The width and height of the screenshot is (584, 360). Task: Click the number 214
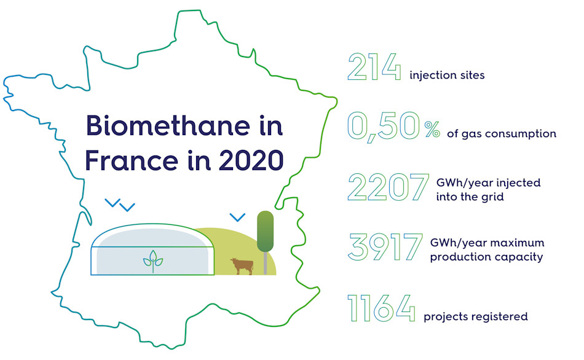coord(374,67)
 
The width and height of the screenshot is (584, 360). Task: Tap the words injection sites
coord(447,76)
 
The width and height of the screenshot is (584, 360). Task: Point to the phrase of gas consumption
coord(502,133)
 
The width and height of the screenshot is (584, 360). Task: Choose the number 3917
coord(385,247)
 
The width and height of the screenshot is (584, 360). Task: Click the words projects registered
coord(476,317)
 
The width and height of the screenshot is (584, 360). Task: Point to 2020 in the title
coord(249,160)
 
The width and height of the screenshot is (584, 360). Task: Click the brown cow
coord(242,265)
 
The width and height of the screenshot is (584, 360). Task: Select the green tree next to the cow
coord(265,230)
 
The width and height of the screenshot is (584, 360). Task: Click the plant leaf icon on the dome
coord(153,262)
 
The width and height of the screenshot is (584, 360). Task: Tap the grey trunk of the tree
coord(265,262)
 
